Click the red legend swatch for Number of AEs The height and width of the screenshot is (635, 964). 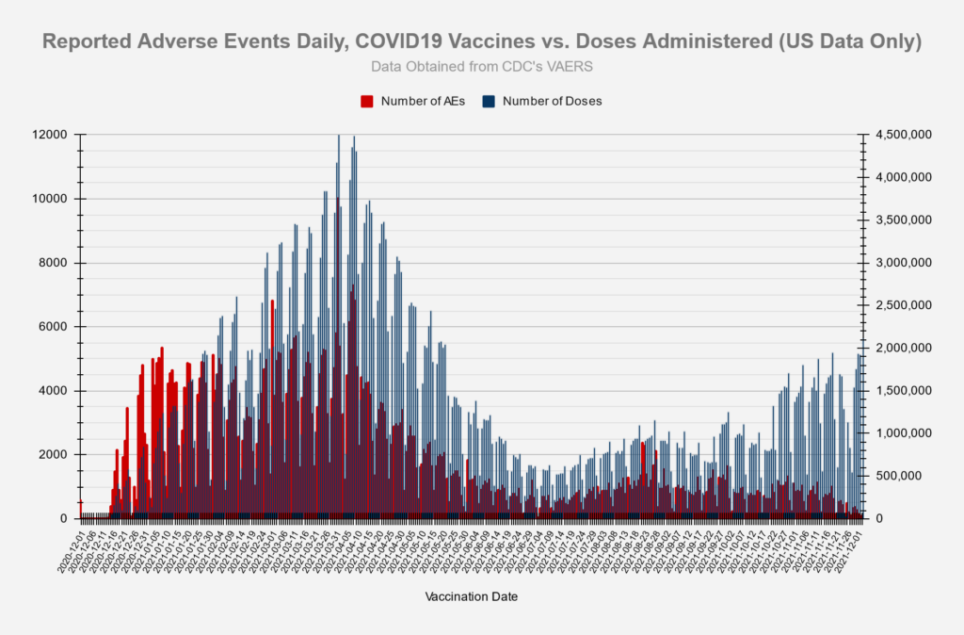(368, 101)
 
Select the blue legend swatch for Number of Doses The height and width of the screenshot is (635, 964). (489, 101)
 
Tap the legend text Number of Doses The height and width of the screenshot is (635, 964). (552, 101)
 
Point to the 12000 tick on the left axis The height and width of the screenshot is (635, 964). (49, 135)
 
